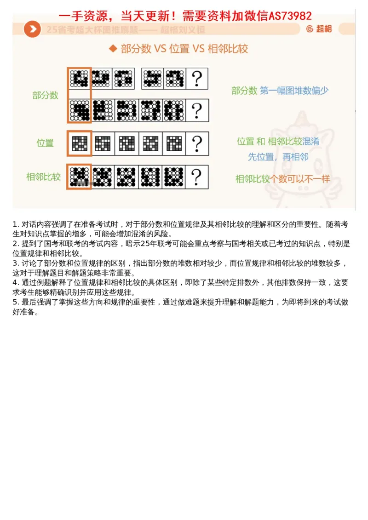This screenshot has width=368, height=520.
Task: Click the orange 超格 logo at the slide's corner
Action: point(319,29)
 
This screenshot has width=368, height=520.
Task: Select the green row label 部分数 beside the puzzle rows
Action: point(46,95)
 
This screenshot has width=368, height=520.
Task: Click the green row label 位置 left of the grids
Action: point(45,143)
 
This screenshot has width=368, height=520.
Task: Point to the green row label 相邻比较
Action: point(44,177)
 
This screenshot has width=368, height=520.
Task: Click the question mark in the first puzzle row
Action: point(197,79)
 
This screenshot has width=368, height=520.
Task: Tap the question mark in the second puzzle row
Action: point(197,110)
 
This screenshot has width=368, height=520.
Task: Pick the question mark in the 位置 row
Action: point(197,143)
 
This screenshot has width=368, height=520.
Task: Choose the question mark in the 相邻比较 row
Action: point(197,177)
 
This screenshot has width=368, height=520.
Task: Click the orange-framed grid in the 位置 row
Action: point(79,143)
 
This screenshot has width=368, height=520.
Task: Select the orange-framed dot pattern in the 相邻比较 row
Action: point(79,177)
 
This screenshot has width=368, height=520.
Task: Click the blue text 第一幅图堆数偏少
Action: point(294,91)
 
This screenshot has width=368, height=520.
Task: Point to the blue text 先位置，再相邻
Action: point(278,157)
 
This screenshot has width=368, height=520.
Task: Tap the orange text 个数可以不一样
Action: point(302,179)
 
